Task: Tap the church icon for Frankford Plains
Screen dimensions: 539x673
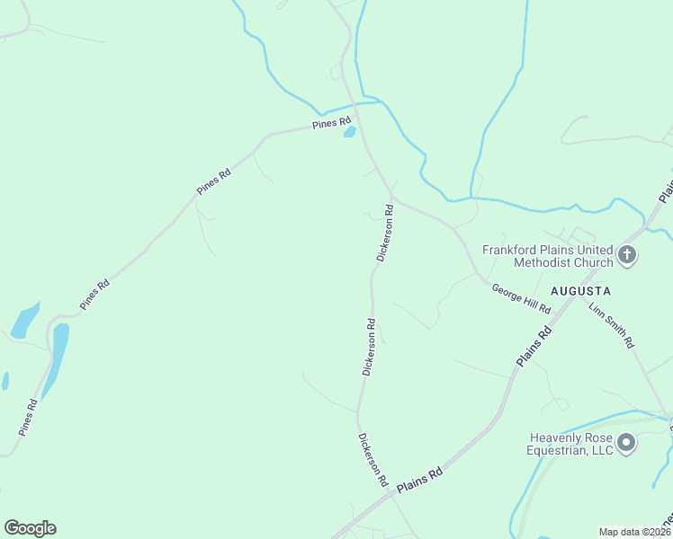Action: coord(627,256)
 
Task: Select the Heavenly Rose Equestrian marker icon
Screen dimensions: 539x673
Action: coord(627,443)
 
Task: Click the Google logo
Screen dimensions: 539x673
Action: coord(30,528)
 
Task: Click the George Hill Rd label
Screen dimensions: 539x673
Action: coord(521,298)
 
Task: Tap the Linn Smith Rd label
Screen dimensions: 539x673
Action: coord(612,325)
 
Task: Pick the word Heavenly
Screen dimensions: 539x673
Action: coord(558,437)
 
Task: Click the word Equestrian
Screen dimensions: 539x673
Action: coord(558,450)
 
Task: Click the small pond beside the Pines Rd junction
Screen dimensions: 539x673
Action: coord(349,132)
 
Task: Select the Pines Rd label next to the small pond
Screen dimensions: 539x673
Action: coord(331,124)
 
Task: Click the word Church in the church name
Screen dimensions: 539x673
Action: coord(590,263)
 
